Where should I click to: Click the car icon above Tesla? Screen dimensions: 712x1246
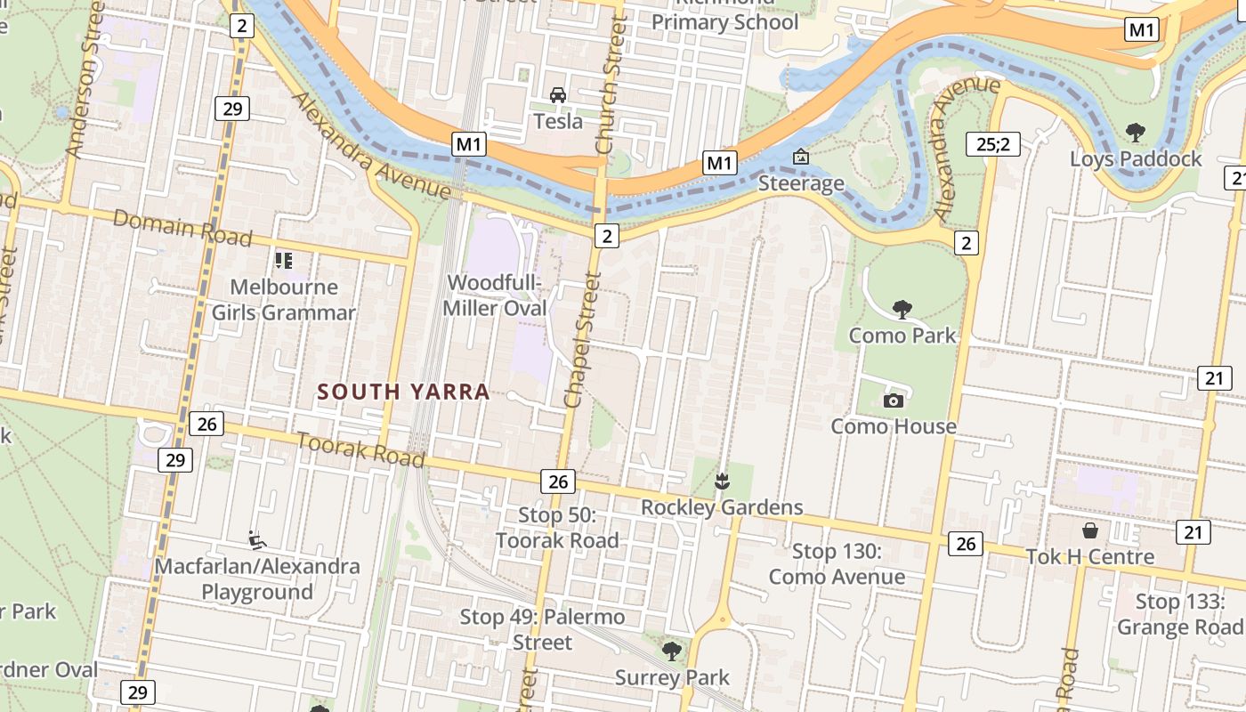pos(558,95)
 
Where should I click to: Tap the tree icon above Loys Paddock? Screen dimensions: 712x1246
pos(1135,133)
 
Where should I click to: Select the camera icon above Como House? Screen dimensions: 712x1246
pos(893,400)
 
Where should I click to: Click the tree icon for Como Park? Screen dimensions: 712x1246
pos(902,310)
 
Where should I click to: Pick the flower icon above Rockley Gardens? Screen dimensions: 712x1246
pos(722,482)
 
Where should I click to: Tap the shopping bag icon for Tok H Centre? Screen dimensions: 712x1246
pos(1090,531)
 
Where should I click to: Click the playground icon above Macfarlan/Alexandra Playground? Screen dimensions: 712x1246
pos(257,539)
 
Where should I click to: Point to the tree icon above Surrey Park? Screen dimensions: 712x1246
pos(671,651)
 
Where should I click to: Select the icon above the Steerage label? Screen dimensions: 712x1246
pos(800,158)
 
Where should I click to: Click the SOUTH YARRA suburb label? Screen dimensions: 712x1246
pos(403,392)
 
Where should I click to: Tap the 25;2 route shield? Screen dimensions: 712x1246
pos(992,142)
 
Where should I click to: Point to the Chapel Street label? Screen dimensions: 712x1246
pos(582,340)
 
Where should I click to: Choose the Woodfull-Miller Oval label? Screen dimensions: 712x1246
pos(497,295)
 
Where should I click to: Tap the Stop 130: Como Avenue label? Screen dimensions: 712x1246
pos(836,564)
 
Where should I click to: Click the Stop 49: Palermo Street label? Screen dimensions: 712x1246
pos(542,629)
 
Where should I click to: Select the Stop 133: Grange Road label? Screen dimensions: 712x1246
pos(1180,615)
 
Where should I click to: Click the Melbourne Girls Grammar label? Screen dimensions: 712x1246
pos(283,300)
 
